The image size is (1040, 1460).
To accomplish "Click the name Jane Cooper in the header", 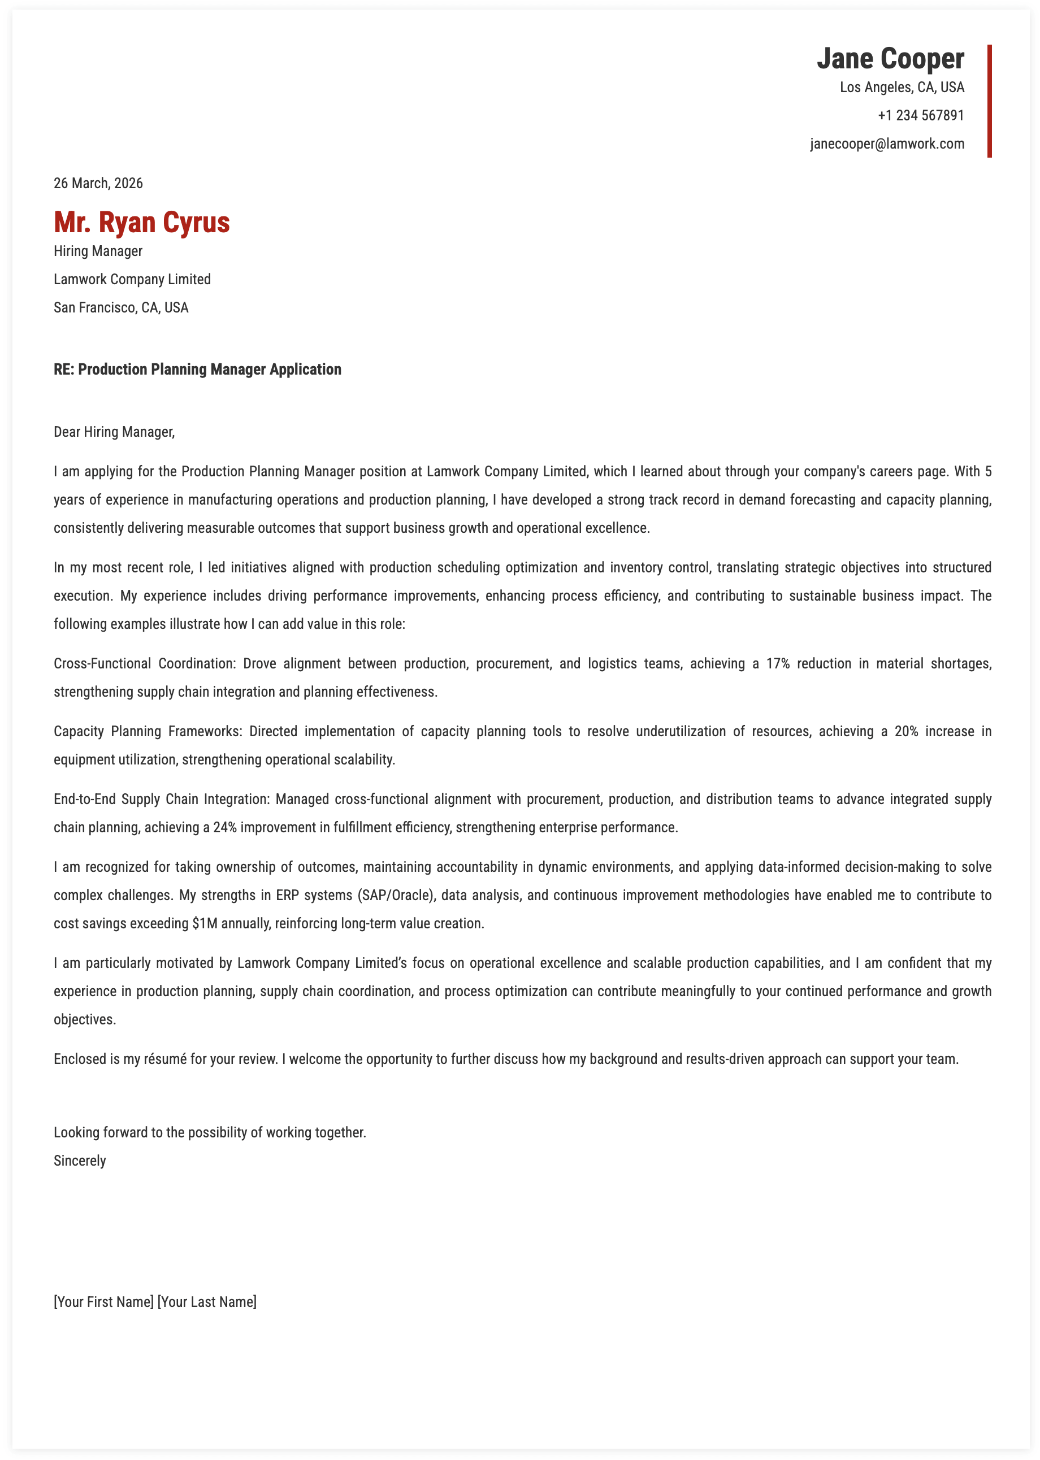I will coord(890,59).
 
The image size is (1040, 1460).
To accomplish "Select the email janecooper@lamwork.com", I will coord(886,144).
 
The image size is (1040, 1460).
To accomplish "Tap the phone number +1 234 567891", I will coord(920,116).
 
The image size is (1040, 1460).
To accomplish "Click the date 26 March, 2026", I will coord(98,184).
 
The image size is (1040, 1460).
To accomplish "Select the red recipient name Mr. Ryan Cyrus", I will coord(141,222).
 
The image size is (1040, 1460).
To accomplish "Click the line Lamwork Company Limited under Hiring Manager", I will coord(132,280).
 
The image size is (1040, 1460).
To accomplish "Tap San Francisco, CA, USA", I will coord(121,308).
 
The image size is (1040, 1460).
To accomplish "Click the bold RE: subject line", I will coord(197,370).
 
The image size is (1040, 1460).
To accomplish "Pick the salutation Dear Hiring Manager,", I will coord(114,432).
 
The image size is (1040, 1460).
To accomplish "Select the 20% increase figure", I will coord(906,732).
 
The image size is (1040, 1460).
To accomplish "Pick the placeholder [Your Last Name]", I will coord(207,1302).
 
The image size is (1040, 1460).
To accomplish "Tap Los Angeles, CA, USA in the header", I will coord(901,88).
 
